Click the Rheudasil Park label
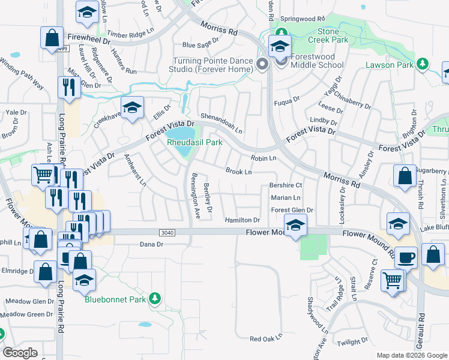click(x=194, y=143)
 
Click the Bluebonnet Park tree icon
click(x=155, y=298)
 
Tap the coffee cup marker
click(x=406, y=257)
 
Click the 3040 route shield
click(x=168, y=232)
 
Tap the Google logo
click(x=20, y=353)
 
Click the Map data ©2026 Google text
click(x=411, y=355)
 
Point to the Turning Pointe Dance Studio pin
click(x=262, y=64)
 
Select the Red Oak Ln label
click(x=266, y=339)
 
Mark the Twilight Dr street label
click(x=352, y=341)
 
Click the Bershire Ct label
click(x=286, y=186)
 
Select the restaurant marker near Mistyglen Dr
click(x=70, y=88)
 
